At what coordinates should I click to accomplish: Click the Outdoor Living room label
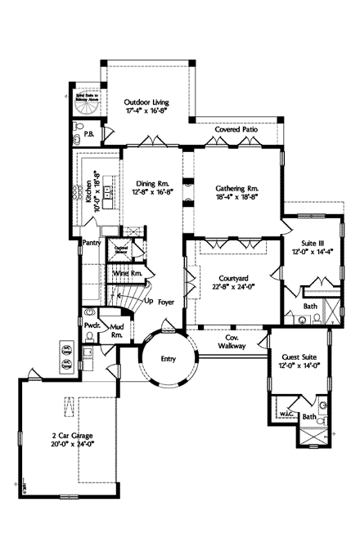point(148,101)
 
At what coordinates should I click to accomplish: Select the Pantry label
point(91,243)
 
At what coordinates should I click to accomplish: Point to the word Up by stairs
point(149,299)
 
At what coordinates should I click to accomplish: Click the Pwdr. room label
point(92,325)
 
